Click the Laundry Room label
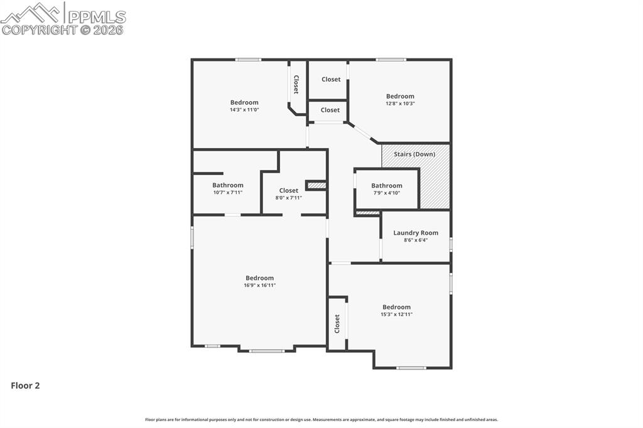click(x=416, y=233)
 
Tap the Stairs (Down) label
click(x=414, y=154)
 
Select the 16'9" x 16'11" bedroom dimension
click(x=259, y=286)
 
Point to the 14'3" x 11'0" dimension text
click(x=244, y=110)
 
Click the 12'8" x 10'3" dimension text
click(x=400, y=104)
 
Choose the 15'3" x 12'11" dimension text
click(x=396, y=314)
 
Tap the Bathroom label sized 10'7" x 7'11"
click(x=227, y=185)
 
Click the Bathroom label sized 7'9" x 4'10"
click(x=386, y=186)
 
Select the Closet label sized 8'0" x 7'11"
click(x=289, y=191)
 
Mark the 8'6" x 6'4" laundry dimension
click(x=416, y=240)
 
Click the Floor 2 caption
click(x=25, y=386)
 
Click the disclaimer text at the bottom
click(x=321, y=420)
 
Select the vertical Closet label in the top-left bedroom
click(x=296, y=85)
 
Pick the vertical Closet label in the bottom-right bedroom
click(x=337, y=324)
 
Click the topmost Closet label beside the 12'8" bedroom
click(x=331, y=80)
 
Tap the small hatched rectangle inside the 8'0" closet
click(x=316, y=185)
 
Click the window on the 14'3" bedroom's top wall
click(x=248, y=60)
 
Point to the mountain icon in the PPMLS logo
click(x=31, y=13)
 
